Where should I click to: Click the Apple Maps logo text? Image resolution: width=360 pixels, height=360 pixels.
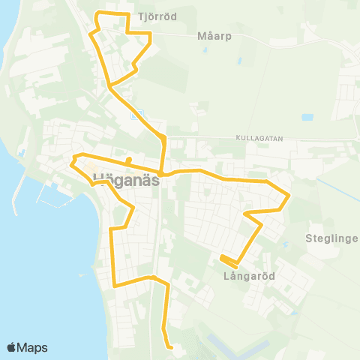(x=32, y=347)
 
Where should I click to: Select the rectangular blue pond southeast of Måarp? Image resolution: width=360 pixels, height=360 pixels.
(x=307, y=118)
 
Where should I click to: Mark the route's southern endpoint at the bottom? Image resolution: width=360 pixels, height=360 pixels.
(x=171, y=347)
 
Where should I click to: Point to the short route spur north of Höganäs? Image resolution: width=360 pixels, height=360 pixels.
(x=129, y=160)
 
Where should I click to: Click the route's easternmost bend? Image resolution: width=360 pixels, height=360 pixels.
(x=289, y=196)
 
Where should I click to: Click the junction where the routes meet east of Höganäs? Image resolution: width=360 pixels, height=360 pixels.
(x=161, y=173)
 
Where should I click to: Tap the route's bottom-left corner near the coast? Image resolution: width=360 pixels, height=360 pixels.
(x=114, y=286)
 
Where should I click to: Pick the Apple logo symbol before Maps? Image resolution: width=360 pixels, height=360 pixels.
(x=11, y=347)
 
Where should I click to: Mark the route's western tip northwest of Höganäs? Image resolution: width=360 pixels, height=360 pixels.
(x=72, y=160)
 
